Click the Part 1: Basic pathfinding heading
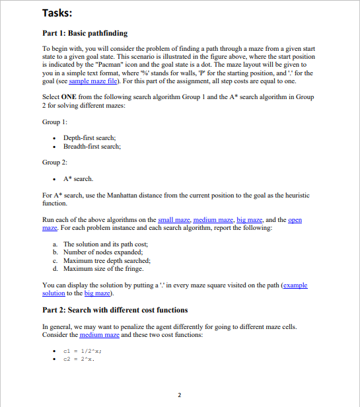pos(85,33)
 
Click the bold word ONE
pos(69,97)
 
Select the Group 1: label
pos(56,122)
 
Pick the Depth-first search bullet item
pos(90,137)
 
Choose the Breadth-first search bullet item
pos(92,146)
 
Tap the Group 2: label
pos(56,162)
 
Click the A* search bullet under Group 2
pos(78,178)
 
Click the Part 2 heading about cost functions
pos(115,310)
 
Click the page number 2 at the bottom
pos(180,395)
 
